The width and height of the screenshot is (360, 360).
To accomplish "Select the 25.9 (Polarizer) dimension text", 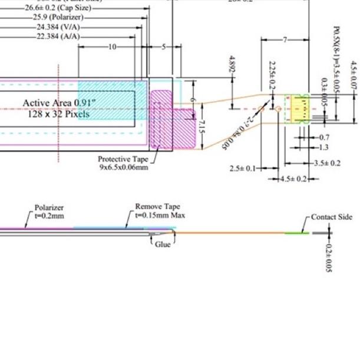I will point(58,18).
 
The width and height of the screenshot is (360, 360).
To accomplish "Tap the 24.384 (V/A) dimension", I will point(58,27).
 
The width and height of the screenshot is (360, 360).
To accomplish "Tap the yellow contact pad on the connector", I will point(299,108).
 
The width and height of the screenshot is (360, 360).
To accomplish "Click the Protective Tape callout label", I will point(123,159).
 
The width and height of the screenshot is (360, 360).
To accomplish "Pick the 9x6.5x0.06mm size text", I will point(124,167).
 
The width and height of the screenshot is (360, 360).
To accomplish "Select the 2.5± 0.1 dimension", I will point(243,169).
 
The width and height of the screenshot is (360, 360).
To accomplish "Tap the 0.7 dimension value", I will point(324,137).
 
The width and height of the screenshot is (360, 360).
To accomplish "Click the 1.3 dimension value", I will point(324,147).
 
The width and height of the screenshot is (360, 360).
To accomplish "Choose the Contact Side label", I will point(332,217).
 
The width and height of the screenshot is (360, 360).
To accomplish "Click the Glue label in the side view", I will point(163,244).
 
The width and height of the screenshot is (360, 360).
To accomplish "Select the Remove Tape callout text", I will point(157,207).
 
